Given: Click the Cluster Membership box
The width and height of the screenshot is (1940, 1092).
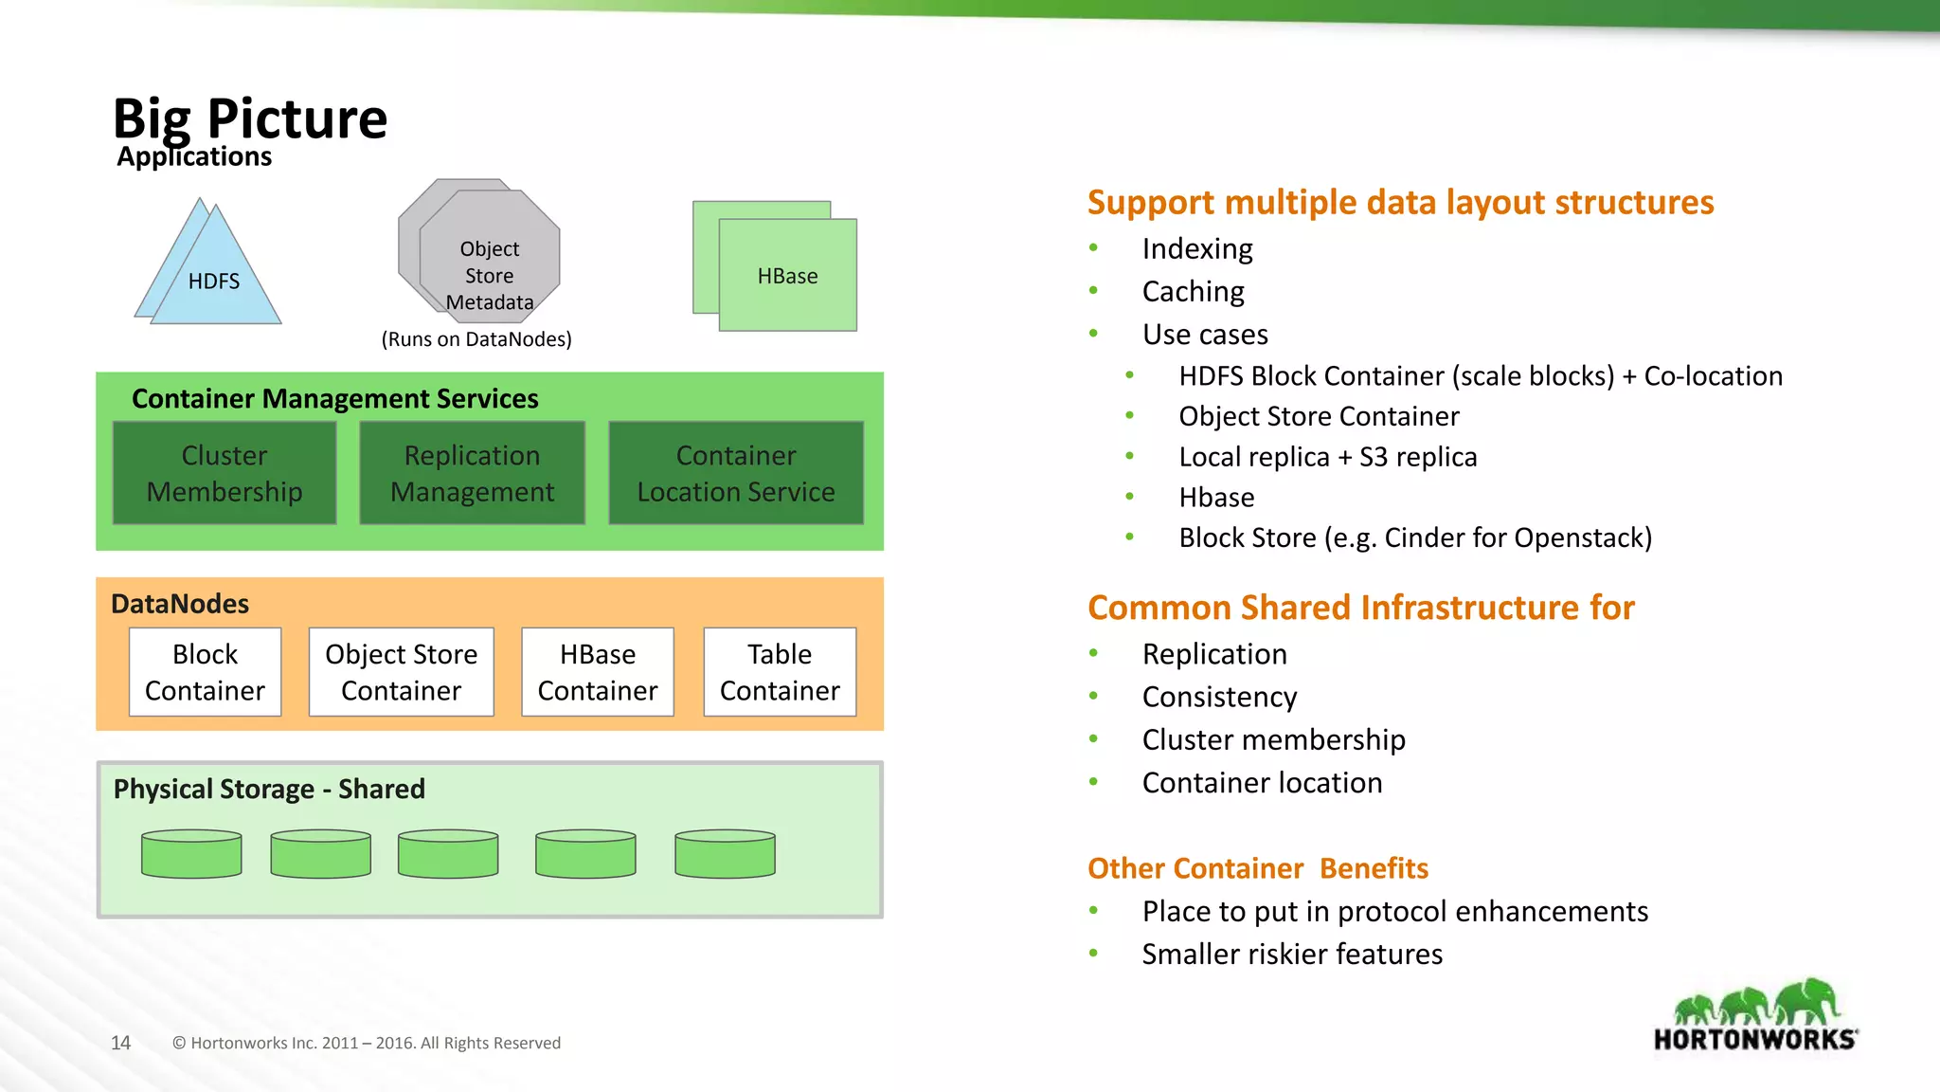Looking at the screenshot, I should click(225, 473).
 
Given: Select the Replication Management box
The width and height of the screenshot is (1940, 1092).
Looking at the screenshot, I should click(472, 473).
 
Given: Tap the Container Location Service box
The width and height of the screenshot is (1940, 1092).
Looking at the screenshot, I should click(736, 473).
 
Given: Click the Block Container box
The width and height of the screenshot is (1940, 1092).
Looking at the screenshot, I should click(205, 672).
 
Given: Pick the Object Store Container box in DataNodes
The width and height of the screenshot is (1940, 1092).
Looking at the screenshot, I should click(401, 672).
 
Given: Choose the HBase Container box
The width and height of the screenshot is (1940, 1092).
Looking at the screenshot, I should click(598, 672).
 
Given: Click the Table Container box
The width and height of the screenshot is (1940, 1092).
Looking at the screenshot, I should click(780, 672).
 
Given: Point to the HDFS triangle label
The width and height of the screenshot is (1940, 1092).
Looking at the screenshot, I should click(214, 282).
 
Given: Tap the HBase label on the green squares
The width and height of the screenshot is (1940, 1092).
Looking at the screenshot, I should click(787, 276).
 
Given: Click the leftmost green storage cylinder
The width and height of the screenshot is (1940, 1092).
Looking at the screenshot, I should click(191, 854).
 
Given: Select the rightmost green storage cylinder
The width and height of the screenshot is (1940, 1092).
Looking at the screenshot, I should click(725, 854).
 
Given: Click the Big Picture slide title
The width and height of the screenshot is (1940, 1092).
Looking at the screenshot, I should click(250, 118).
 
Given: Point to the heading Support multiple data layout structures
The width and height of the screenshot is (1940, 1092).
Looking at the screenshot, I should click(1400, 202).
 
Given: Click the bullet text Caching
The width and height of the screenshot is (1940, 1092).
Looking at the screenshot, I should click(1193, 291).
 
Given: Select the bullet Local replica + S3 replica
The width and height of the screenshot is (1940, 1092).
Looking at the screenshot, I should click(1327, 457).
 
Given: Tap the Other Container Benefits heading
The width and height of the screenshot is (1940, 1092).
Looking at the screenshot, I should click(1257, 868).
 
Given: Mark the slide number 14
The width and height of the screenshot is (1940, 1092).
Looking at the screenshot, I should click(120, 1043).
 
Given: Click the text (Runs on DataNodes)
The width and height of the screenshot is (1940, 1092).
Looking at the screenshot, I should click(476, 339).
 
